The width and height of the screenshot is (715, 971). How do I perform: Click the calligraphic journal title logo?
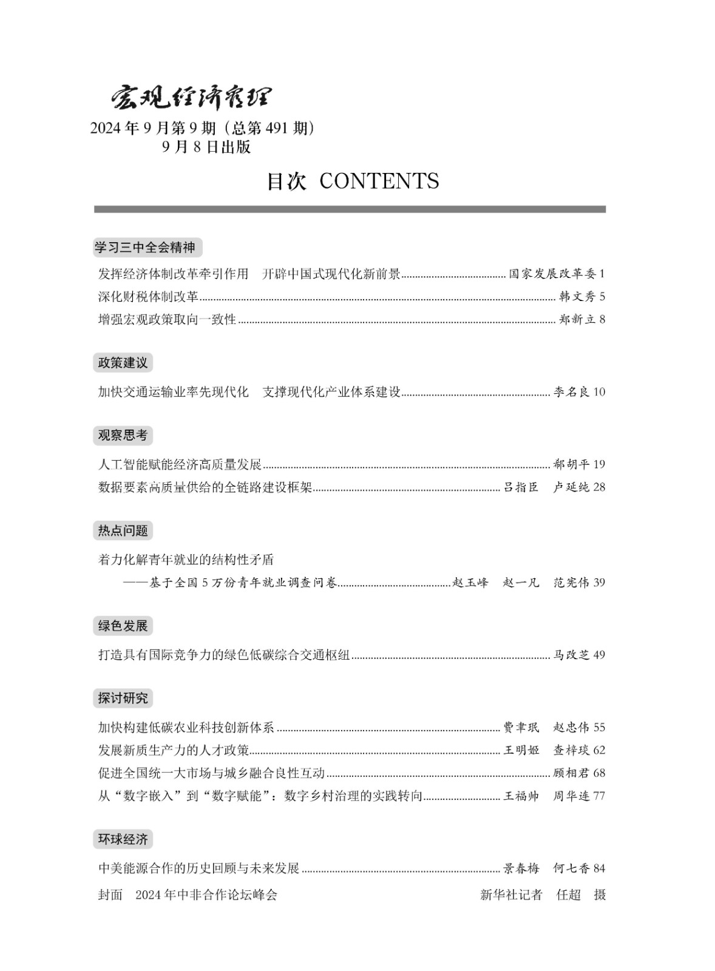(191, 97)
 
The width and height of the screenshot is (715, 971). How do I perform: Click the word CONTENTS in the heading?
(379, 181)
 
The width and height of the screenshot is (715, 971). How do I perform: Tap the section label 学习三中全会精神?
(145, 247)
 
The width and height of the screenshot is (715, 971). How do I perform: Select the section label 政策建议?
(123, 363)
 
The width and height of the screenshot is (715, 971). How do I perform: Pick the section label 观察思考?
(123, 435)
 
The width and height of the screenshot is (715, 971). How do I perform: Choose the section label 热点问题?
(123, 530)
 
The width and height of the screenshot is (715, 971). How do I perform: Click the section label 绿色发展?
(123, 626)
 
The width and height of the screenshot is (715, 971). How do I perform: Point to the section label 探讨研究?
(123, 698)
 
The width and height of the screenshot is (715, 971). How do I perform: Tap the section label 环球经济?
(123, 839)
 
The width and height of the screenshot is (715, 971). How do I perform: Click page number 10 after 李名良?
(599, 392)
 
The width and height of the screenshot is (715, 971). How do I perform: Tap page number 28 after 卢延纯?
(599, 487)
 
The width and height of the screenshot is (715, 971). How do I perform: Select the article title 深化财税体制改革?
(148, 297)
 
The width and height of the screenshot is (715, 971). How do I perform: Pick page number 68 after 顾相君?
(599, 773)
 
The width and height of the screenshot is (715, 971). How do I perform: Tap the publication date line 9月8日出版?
(206, 147)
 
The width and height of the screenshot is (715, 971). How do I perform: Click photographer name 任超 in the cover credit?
(569, 895)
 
